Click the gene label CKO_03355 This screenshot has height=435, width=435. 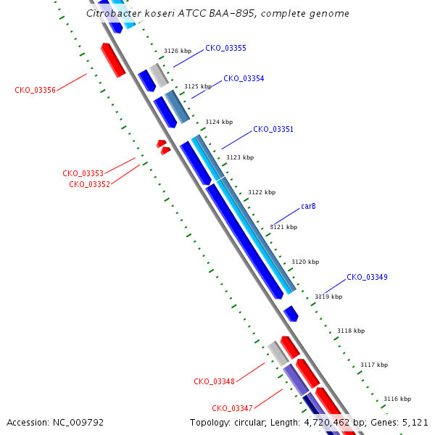(225, 49)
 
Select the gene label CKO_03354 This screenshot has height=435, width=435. (244, 79)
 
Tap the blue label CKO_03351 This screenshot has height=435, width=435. (273, 129)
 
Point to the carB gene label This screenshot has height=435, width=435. (308, 206)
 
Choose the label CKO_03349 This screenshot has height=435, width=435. (367, 277)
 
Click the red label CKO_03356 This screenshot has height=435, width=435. (35, 90)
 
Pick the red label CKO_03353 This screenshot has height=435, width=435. (83, 173)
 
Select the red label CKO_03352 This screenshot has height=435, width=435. (90, 184)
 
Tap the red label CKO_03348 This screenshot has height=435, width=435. (214, 381)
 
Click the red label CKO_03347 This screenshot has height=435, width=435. (232, 408)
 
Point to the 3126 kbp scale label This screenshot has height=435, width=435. (178, 51)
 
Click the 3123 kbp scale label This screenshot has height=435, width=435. (240, 157)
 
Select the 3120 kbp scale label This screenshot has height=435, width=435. (305, 262)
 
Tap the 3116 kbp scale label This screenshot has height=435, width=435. (397, 399)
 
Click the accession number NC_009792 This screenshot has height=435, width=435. (78, 423)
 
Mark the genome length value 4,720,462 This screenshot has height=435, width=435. (327, 423)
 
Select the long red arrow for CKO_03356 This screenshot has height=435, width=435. (113, 60)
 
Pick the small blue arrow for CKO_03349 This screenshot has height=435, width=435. (291, 314)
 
